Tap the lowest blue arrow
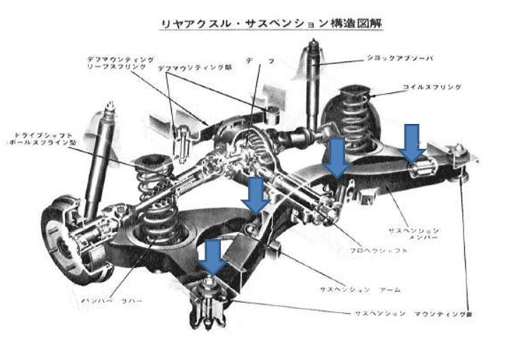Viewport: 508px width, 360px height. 214,257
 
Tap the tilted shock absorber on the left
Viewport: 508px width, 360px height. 99,162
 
